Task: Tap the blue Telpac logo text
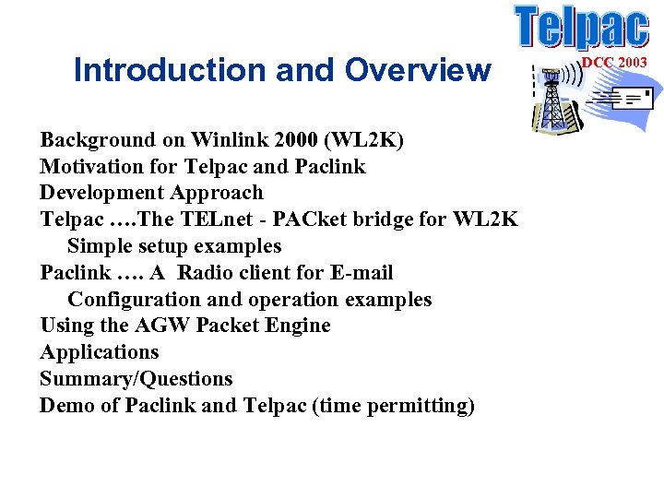click(x=581, y=28)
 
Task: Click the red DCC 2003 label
click(x=614, y=62)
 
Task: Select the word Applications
click(x=100, y=352)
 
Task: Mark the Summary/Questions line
click(x=136, y=379)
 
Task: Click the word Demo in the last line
click(x=66, y=406)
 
